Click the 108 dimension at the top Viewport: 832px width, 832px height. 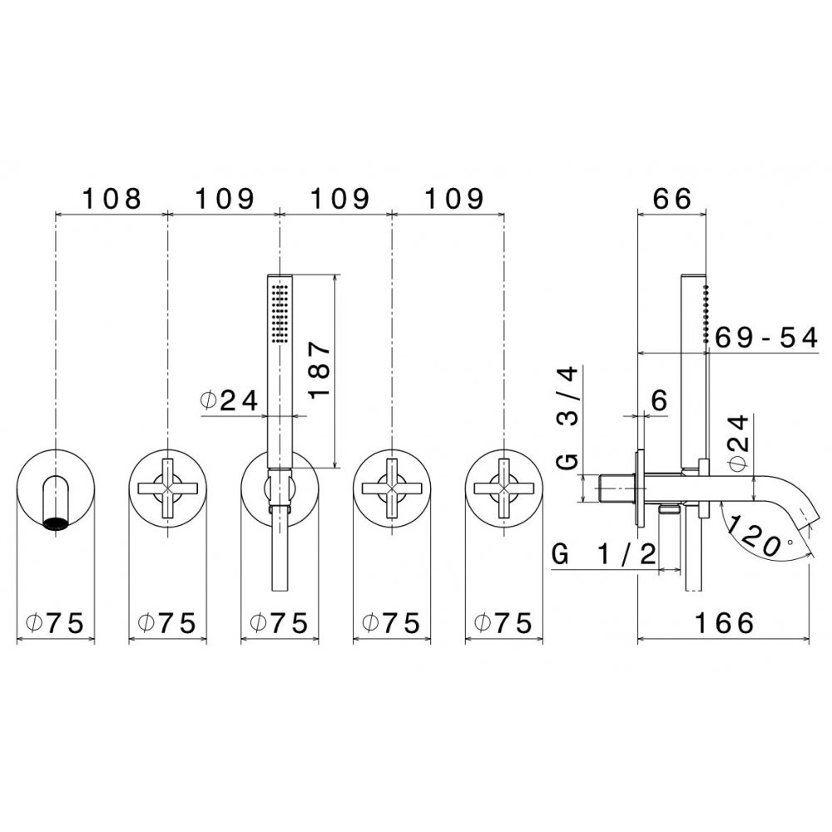click(x=112, y=199)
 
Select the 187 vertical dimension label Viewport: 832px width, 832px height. click(x=320, y=371)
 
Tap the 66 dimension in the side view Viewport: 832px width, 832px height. click(x=672, y=199)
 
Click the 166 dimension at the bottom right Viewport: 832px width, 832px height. click(x=725, y=622)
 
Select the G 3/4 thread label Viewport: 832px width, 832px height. click(x=568, y=418)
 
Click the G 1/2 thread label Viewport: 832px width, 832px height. click(x=604, y=554)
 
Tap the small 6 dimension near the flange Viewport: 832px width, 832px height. click(x=659, y=401)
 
